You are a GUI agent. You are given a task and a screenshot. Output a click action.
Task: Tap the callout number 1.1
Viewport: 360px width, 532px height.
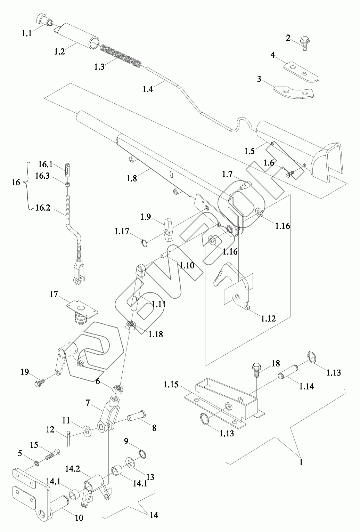[x=27, y=34]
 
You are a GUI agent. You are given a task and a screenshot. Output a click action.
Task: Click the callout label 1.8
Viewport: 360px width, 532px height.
[x=132, y=178]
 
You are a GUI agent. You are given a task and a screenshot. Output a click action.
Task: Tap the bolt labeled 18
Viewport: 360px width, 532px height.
[x=256, y=370]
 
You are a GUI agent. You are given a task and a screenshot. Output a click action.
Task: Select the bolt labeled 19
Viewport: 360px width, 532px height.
[x=37, y=384]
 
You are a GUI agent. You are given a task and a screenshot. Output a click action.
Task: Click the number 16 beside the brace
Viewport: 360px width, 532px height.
[x=16, y=182]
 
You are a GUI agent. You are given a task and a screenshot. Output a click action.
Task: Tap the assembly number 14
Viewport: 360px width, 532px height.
[x=154, y=515]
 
